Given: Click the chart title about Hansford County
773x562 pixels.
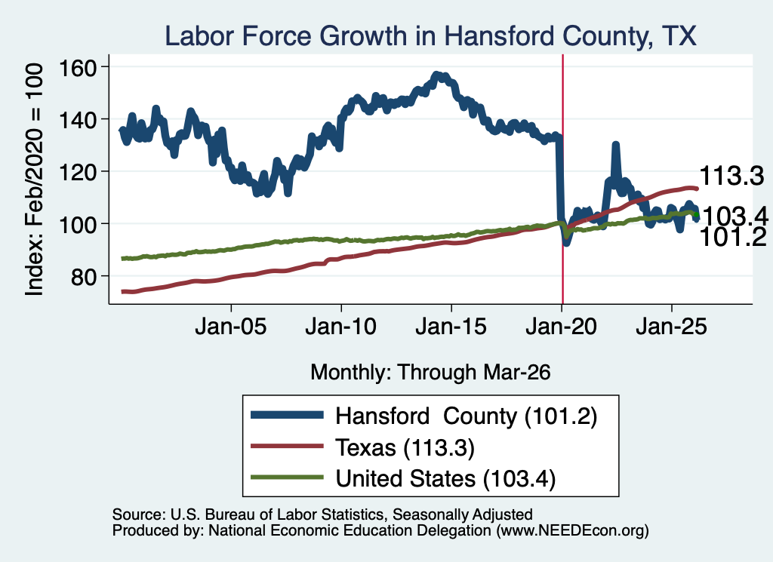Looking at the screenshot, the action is coord(430,36).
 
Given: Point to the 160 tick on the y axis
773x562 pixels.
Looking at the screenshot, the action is coord(78,67).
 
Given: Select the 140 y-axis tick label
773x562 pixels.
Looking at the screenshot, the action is coord(78,120).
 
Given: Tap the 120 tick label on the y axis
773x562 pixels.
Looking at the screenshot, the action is coord(78,172).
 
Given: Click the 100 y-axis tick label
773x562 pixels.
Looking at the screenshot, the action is coord(78,224).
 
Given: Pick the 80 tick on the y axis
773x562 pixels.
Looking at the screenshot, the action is coord(84,277).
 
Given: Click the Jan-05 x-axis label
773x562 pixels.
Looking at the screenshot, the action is coord(231,327).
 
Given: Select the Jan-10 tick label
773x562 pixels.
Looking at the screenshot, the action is coord(341,327).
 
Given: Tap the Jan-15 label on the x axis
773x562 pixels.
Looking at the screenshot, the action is coord(451,327).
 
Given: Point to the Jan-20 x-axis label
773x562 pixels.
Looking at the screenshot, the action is coord(562,327).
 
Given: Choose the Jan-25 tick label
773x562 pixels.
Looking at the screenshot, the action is coord(671,327).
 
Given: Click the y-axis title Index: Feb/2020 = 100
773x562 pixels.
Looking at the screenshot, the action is coord(34,180).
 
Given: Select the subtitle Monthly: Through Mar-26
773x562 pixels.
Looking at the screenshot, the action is coord(430,373).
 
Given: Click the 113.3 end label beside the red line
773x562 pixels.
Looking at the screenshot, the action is coord(731,175).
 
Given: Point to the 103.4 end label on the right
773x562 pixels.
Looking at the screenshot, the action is coord(735,216).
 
